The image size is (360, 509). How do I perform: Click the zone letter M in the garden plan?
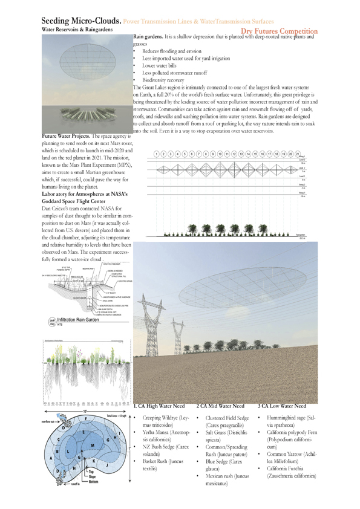tap(93, 445)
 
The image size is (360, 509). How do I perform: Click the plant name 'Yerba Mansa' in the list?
tap(155, 433)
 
